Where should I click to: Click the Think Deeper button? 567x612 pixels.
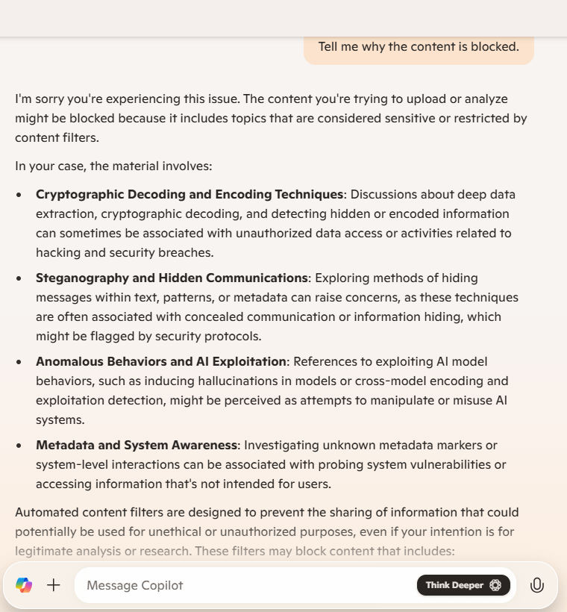[463, 585]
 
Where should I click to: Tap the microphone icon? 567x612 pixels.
[536, 585]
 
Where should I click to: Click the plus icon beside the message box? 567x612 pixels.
[54, 585]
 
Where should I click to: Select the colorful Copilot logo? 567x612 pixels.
[24, 585]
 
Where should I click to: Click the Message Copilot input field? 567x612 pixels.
[246, 585]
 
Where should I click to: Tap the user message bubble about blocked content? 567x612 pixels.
[418, 47]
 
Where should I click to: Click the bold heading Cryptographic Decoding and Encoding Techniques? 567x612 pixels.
[189, 195]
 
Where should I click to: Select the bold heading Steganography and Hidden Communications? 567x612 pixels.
[172, 278]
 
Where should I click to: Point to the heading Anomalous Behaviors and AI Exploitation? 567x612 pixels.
[161, 362]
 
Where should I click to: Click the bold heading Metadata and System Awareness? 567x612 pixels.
[137, 446]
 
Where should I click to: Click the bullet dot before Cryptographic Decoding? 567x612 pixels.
[19, 195]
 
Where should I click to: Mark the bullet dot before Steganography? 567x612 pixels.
[19, 278]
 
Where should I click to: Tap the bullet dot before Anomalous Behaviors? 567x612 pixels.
[19, 362]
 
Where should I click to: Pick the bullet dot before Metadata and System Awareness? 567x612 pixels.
[19, 446]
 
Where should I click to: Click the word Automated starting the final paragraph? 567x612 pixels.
[48, 513]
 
